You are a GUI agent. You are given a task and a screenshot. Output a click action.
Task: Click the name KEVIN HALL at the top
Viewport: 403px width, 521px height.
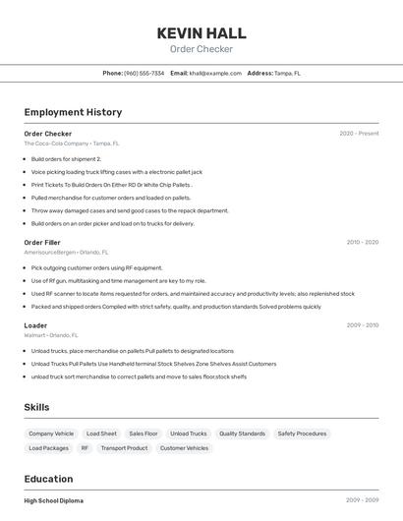click(201, 33)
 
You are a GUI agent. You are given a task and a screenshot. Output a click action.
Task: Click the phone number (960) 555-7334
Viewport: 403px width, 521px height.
click(144, 73)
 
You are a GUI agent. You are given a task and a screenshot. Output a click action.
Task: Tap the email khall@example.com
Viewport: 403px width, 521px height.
click(214, 73)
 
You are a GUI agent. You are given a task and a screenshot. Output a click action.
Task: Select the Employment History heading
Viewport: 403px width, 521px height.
click(73, 113)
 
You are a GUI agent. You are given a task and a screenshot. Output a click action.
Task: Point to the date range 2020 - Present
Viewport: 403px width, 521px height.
click(359, 134)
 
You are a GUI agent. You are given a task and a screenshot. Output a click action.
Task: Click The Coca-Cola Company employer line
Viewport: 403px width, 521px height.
click(71, 144)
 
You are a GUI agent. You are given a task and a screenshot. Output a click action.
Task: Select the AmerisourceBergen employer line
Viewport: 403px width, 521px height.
click(65, 252)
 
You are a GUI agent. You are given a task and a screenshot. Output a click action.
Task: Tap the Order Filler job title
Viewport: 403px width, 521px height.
click(42, 242)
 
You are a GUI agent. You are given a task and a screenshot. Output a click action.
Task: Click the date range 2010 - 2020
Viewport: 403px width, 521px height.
click(362, 242)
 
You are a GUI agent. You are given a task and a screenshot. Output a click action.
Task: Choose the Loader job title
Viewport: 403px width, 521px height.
click(35, 325)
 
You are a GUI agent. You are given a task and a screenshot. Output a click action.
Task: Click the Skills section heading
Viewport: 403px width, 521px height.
click(36, 407)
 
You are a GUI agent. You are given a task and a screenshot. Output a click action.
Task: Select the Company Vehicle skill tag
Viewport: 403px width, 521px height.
click(51, 434)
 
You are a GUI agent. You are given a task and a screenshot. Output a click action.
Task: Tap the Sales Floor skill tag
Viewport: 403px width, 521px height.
click(144, 434)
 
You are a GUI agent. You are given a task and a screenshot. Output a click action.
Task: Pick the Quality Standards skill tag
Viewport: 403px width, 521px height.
click(242, 434)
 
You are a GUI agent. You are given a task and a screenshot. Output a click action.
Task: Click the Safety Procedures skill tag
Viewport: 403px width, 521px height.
click(302, 434)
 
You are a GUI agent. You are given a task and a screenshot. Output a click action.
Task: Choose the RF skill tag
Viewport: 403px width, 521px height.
click(85, 448)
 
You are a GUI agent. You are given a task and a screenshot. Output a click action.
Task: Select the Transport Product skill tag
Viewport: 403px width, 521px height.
click(124, 448)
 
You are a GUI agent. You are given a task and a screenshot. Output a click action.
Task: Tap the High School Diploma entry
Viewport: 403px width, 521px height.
click(54, 501)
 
